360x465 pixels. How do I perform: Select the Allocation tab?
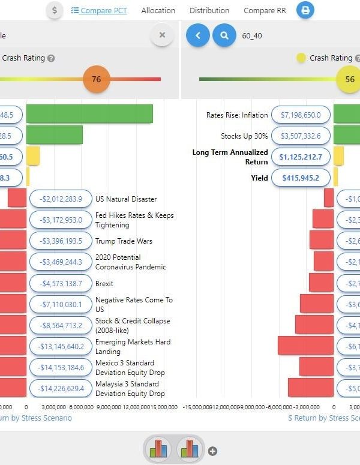coord(158,10)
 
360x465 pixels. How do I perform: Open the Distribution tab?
coord(209,10)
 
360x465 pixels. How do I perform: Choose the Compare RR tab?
coord(265,10)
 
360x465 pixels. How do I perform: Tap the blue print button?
coord(305,10)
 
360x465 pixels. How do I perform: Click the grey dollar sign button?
coord(55,10)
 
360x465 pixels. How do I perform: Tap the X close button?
coord(162,35)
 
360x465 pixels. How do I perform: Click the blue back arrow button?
coord(198,35)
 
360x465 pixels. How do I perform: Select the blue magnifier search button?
coord(224,35)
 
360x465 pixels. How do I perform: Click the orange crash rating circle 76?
coord(96,79)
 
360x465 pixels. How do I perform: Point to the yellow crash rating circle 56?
coord(349,79)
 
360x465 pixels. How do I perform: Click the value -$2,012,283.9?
coord(61,199)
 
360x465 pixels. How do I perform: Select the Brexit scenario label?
coord(104,283)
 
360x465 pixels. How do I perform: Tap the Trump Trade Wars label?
coord(124,241)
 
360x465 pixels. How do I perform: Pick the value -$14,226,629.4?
coord(61,388)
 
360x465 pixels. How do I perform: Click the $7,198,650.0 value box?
coord(301,115)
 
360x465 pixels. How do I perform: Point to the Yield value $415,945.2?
coord(301,178)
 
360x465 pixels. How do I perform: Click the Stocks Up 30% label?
coord(244,136)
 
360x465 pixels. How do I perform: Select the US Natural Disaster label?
coord(126,199)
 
